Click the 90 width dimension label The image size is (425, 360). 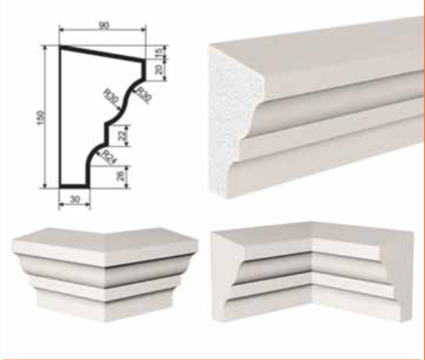point(104,26)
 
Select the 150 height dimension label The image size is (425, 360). point(40,117)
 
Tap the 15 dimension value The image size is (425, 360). point(159,52)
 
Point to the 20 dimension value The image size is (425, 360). point(159,69)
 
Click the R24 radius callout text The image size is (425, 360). point(109,157)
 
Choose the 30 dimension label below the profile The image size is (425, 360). point(75,199)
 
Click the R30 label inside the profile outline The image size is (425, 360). point(111,97)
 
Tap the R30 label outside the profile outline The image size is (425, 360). point(143,95)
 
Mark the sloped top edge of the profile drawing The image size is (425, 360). point(102,54)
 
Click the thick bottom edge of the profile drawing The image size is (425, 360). point(74,186)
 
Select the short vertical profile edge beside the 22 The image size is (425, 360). point(106,133)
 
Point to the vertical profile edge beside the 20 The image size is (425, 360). point(143,70)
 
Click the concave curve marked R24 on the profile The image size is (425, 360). point(92,155)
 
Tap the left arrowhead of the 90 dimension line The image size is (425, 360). point(62,30)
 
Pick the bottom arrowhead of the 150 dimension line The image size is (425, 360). point(45,185)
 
